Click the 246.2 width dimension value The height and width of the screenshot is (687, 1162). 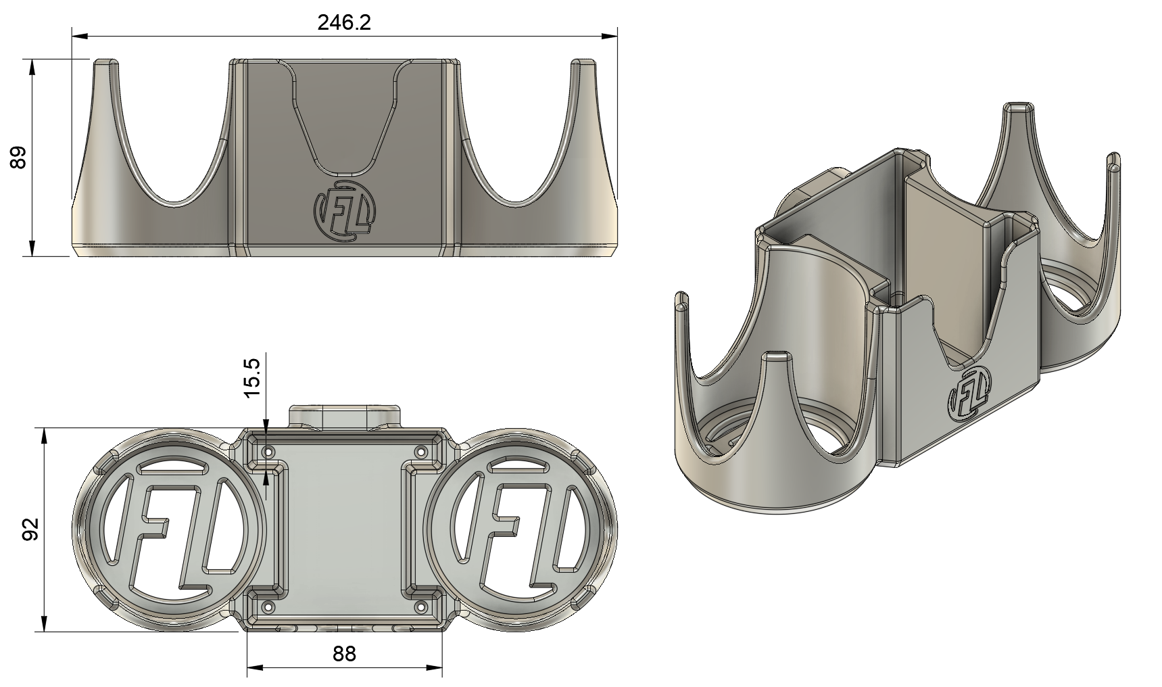tap(344, 23)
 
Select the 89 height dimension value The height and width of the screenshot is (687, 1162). tap(18, 157)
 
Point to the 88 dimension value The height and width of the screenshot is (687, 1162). tap(344, 653)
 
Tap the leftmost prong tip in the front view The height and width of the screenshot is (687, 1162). tap(105, 63)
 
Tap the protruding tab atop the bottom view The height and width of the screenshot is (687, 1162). tap(345, 414)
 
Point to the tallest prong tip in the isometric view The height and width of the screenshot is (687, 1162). tap(1016, 108)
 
